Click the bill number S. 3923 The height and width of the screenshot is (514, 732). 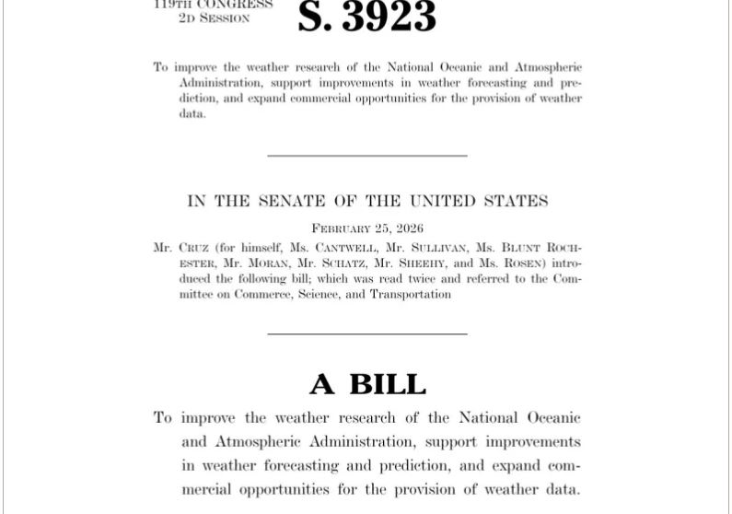[x=366, y=17]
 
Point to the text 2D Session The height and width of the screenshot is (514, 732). [x=214, y=18]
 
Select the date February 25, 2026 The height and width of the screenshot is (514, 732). [x=367, y=228]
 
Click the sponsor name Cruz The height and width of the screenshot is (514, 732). [x=195, y=248]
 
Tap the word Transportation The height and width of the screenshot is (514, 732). [x=411, y=295]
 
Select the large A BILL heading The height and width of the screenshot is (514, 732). [x=367, y=383]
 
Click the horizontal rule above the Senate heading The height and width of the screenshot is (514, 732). [x=367, y=156]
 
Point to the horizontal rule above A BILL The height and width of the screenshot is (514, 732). [x=367, y=333]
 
